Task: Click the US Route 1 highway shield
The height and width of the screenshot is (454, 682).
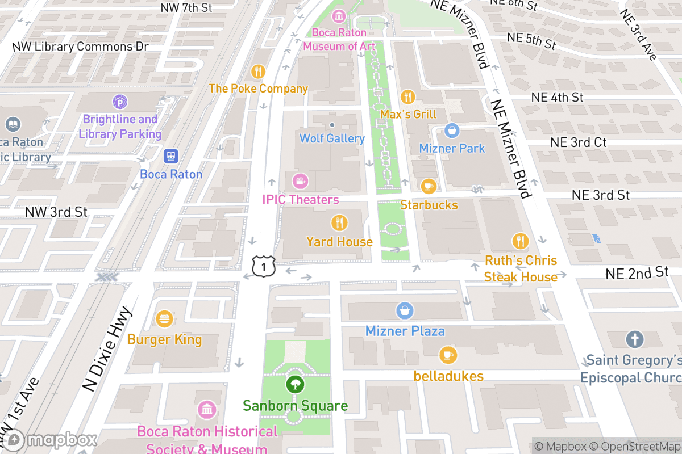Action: tap(264, 266)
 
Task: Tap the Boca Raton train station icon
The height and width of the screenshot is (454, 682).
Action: tap(171, 156)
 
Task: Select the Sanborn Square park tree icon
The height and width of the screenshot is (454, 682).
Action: tap(294, 385)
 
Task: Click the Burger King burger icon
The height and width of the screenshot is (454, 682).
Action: tap(164, 319)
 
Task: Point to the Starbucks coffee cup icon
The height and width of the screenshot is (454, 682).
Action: tap(428, 186)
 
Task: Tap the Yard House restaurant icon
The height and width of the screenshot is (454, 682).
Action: tap(339, 222)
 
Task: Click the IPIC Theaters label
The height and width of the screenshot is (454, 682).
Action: tap(300, 200)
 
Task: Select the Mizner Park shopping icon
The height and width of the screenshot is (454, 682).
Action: tap(452, 131)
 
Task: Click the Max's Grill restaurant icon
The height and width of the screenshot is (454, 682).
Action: tap(407, 96)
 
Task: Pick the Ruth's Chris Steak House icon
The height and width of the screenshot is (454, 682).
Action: tap(520, 241)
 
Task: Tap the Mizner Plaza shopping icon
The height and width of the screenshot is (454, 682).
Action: tap(405, 311)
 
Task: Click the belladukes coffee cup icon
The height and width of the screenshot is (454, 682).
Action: tap(448, 355)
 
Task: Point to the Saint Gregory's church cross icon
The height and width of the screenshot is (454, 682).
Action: tap(634, 340)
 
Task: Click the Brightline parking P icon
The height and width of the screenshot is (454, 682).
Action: tap(120, 102)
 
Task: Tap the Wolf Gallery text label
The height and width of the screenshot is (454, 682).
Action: tap(332, 138)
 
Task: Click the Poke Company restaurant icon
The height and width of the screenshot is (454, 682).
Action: tap(258, 72)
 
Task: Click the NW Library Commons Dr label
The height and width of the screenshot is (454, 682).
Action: tap(80, 47)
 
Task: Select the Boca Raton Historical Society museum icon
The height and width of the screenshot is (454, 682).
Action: tap(207, 409)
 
